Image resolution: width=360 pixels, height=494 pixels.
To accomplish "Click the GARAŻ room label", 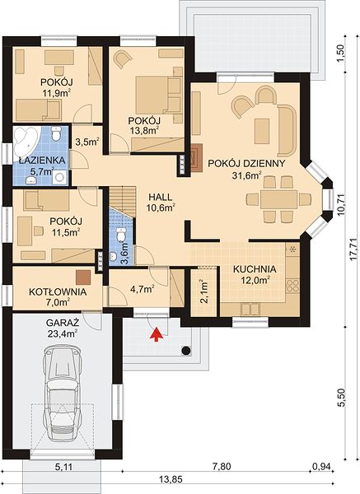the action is click(x=63, y=323).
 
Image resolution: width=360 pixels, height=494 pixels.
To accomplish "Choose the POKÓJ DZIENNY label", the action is click(x=246, y=163).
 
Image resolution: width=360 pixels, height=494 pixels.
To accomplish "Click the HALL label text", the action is click(x=161, y=198).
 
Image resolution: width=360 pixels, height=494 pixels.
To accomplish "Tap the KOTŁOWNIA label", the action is click(x=58, y=291).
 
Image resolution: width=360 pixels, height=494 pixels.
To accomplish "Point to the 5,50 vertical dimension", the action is click(x=341, y=398).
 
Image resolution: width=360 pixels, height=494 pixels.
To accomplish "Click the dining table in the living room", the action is click(x=279, y=199).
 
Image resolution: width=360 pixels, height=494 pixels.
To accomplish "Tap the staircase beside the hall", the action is click(x=122, y=201).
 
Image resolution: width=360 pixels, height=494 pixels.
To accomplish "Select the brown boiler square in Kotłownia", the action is click(x=83, y=277).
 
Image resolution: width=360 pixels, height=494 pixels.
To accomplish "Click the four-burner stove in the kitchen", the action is click(x=292, y=286).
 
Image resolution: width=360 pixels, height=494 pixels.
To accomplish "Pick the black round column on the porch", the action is click(x=187, y=350).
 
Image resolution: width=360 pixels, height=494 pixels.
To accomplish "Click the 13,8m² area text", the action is click(x=144, y=131).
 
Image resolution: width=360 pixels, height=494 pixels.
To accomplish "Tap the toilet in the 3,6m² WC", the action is click(x=121, y=235).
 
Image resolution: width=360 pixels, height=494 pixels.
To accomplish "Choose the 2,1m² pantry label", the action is click(x=204, y=291).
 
